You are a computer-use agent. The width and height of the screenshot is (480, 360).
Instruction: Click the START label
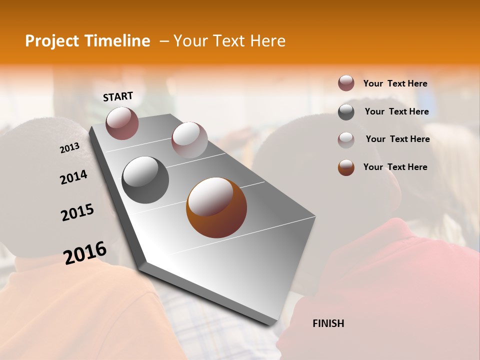tap(118, 96)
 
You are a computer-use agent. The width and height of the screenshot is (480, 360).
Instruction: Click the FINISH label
tap(328, 323)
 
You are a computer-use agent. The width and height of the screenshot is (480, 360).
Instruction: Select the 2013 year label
tap(69, 147)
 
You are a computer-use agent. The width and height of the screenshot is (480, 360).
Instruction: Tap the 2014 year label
tap(73, 177)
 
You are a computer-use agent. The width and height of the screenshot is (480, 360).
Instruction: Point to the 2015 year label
tap(77, 212)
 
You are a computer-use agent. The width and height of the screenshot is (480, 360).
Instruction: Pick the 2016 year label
tap(85, 252)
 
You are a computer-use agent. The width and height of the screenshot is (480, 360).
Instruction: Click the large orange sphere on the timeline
tap(216, 207)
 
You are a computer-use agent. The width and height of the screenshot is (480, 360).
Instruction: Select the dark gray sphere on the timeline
tap(145, 180)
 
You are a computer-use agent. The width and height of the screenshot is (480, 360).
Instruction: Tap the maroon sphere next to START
tap(122, 123)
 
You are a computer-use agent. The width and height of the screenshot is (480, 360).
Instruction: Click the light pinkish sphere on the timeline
tap(189, 140)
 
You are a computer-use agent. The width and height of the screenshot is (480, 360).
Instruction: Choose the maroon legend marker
tap(346, 83)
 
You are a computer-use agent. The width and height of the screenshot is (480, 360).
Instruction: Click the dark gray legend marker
tap(346, 111)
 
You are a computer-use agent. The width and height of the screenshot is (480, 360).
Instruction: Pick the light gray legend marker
tap(346, 139)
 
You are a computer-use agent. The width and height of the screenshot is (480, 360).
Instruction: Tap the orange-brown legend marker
tap(346, 167)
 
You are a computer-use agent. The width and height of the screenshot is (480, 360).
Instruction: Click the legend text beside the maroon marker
tap(395, 83)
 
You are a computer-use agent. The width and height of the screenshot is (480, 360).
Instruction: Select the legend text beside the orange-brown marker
tap(395, 167)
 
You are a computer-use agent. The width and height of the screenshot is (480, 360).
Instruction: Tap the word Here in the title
tap(267, 41)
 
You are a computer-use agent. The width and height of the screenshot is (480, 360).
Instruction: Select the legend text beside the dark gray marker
tap(396, 111)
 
